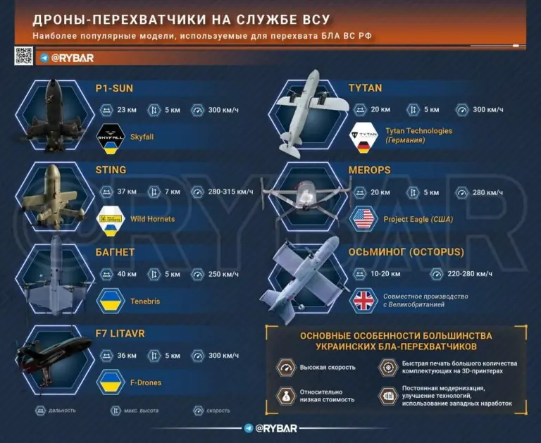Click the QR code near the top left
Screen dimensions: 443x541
pos(24,56)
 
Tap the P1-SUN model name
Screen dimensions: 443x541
pos(114,88)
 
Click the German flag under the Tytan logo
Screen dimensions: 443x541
pos(363,146)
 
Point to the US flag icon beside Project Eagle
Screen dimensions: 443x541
pos(363,219)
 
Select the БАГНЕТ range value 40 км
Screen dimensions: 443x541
pos(128,274)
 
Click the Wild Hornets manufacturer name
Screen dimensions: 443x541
pos(152,219)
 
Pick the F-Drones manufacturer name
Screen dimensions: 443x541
pos(146,382)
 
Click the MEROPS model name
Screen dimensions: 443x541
pos(369,170)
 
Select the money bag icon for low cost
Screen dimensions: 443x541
pos(285,397)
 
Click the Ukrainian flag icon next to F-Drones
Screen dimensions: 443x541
pos(110,382)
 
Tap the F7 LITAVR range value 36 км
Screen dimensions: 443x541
pos(128,356)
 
